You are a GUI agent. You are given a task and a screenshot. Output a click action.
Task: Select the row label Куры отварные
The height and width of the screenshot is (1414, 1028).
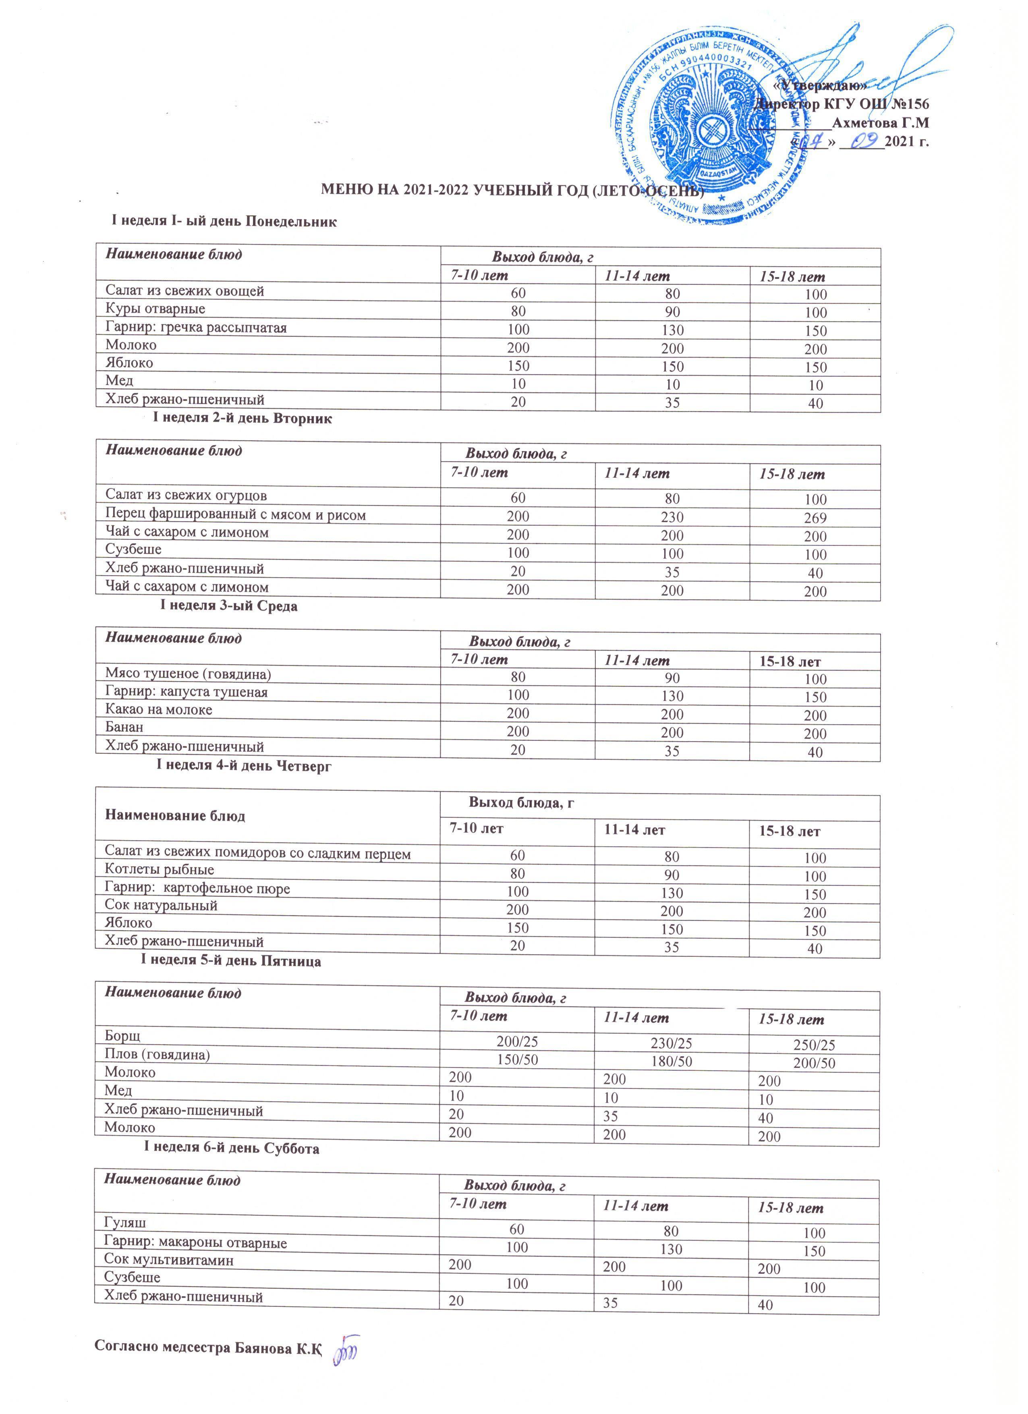tap(155, 309)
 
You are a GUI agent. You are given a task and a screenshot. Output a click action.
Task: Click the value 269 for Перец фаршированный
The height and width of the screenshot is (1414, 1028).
tap(815, 518)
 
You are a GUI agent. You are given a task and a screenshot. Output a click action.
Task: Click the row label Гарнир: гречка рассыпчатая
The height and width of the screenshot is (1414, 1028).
tap(196, 327)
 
